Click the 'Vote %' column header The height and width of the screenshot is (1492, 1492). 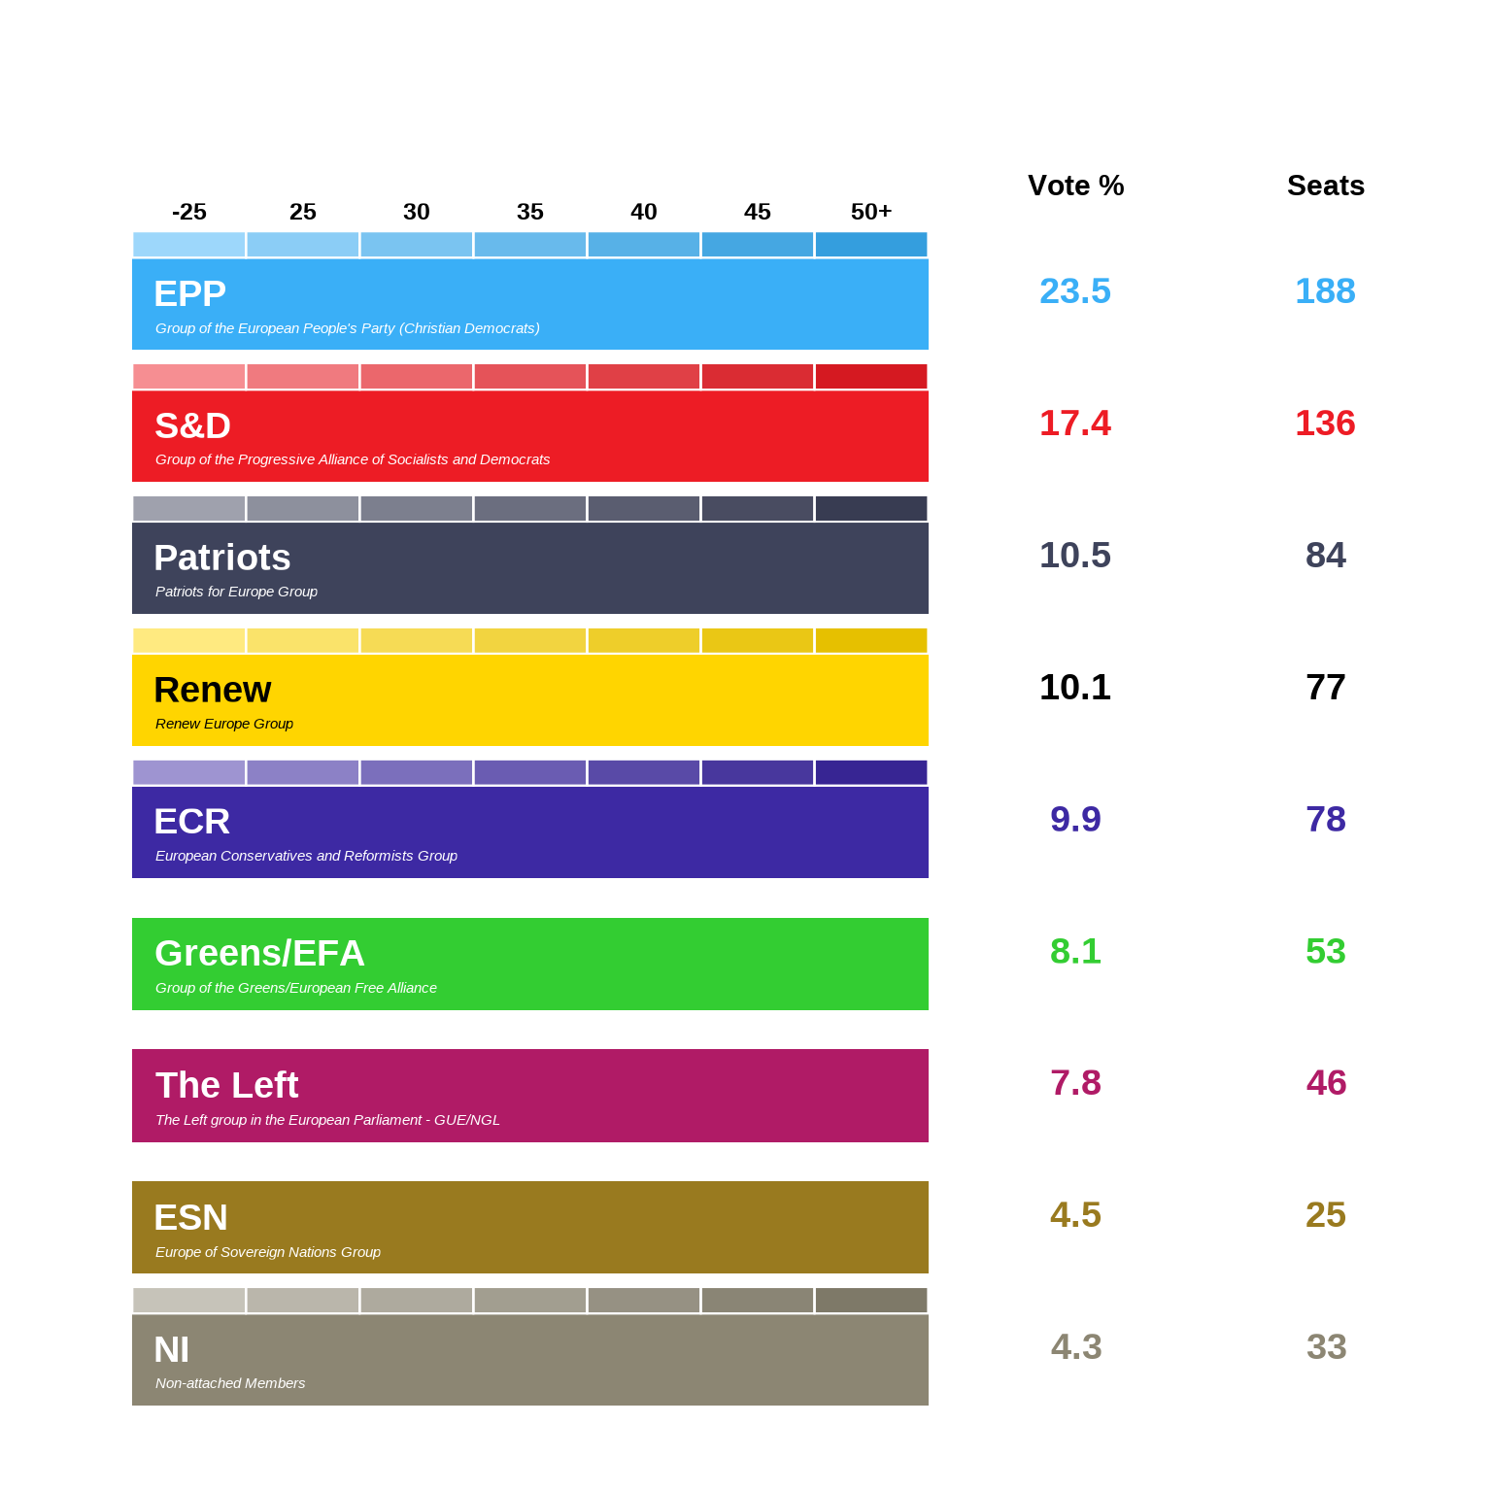[x=1075, y=186]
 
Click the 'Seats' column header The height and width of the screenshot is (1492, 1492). [x=1325, y=186]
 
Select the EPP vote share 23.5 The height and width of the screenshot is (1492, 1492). [x=1074, y=291]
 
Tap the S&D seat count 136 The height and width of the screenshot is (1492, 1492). [x=1325, y=424]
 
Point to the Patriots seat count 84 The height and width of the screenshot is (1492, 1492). [x=1325, y=556]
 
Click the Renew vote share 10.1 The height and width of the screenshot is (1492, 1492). [x=1074, y=688]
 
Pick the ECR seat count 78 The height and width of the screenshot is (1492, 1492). [x=1325, y=820]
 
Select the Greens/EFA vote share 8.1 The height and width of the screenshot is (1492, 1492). [x=1074, y=952]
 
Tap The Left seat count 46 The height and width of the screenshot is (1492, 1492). [x=1325, y=1083]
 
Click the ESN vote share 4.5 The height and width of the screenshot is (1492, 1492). [x=1074, y=1215]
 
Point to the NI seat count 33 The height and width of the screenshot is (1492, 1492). [x=1325, y=1347]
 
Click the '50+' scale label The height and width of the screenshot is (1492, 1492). [x=870, y=212]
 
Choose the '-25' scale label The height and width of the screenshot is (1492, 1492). [x=188, y=212]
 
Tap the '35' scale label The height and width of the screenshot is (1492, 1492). [x=529, y=212]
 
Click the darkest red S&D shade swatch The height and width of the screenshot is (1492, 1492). [x=870, y=377]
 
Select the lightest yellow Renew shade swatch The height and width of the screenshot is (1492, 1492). [x=188, y=641]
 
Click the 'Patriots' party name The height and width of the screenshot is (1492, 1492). [x=222, y=559]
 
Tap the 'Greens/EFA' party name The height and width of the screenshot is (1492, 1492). [x=259, y=954]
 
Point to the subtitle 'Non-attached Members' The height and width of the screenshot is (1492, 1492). [x=230, y=1383]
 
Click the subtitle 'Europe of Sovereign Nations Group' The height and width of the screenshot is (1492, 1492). [x=268, y=1252]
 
